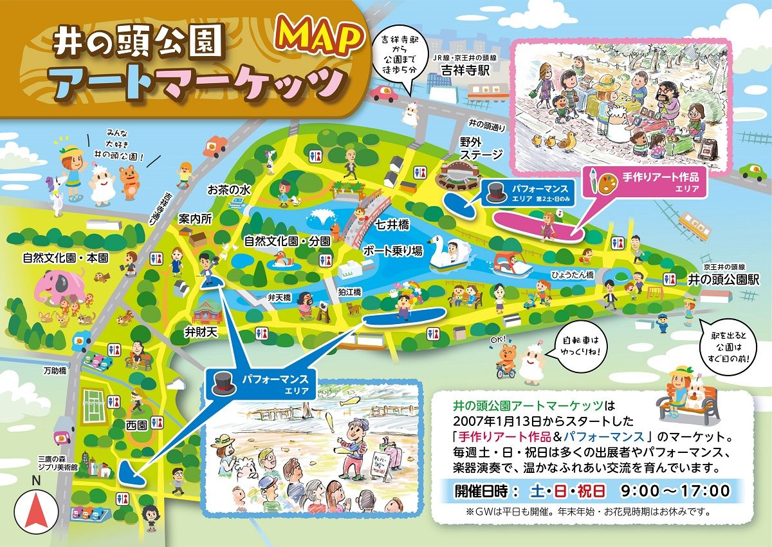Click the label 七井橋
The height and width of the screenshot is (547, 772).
[392, 227]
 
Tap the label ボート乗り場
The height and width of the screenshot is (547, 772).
[392, 251]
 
